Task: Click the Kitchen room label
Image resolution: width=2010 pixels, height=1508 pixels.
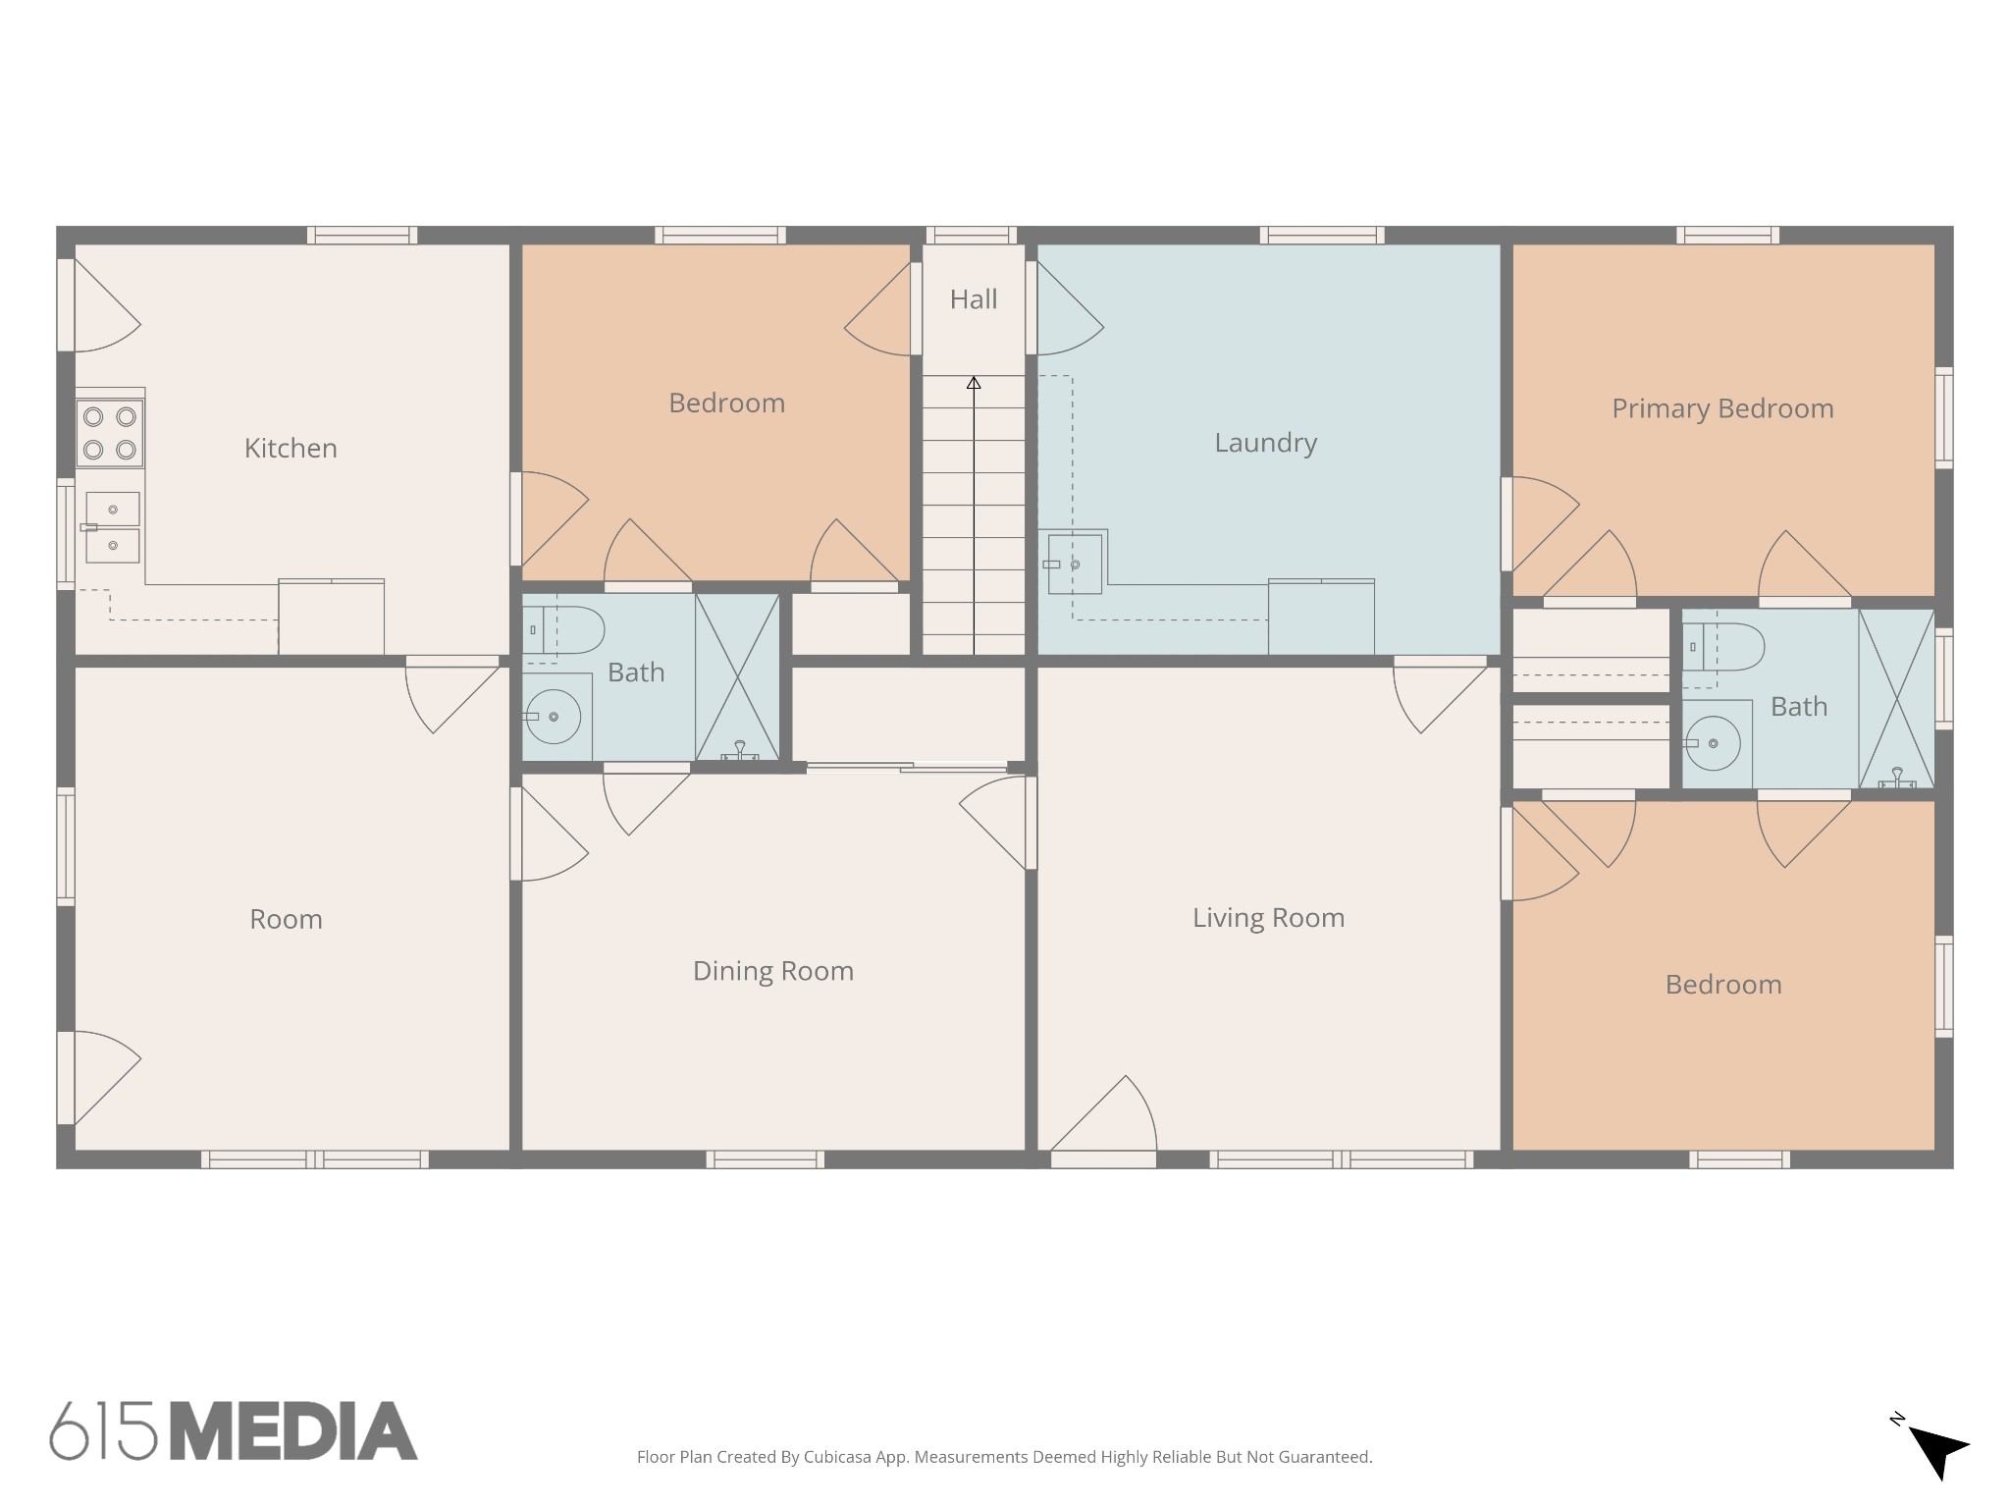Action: (291, 449)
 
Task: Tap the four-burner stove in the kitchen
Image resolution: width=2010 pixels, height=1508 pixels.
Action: (110, 433)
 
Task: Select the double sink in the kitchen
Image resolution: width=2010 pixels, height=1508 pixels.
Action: (112, 527)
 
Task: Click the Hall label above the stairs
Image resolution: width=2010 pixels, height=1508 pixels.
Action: (973, 299)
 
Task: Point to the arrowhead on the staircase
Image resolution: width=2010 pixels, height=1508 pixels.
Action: (974, 383)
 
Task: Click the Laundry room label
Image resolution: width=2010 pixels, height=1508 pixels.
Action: (1265, 443)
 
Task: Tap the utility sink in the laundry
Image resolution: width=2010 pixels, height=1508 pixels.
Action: (1075, 564)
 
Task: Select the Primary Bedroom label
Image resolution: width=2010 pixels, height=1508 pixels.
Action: (1722, 408)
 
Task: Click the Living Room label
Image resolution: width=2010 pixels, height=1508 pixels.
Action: (1268, 918)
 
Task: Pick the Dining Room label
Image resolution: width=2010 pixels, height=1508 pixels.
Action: (773, 971)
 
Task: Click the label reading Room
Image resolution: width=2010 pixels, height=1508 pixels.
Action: (286, 919)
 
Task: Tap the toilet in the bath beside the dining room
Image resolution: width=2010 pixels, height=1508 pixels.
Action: (562, 630)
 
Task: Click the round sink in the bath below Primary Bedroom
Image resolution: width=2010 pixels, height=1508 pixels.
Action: (1713, 743)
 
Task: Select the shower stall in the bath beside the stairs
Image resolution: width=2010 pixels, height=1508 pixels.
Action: (737, 676)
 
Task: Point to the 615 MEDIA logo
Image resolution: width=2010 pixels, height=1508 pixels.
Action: (234, 1430)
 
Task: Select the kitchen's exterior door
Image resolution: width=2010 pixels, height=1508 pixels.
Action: (99, 305)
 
